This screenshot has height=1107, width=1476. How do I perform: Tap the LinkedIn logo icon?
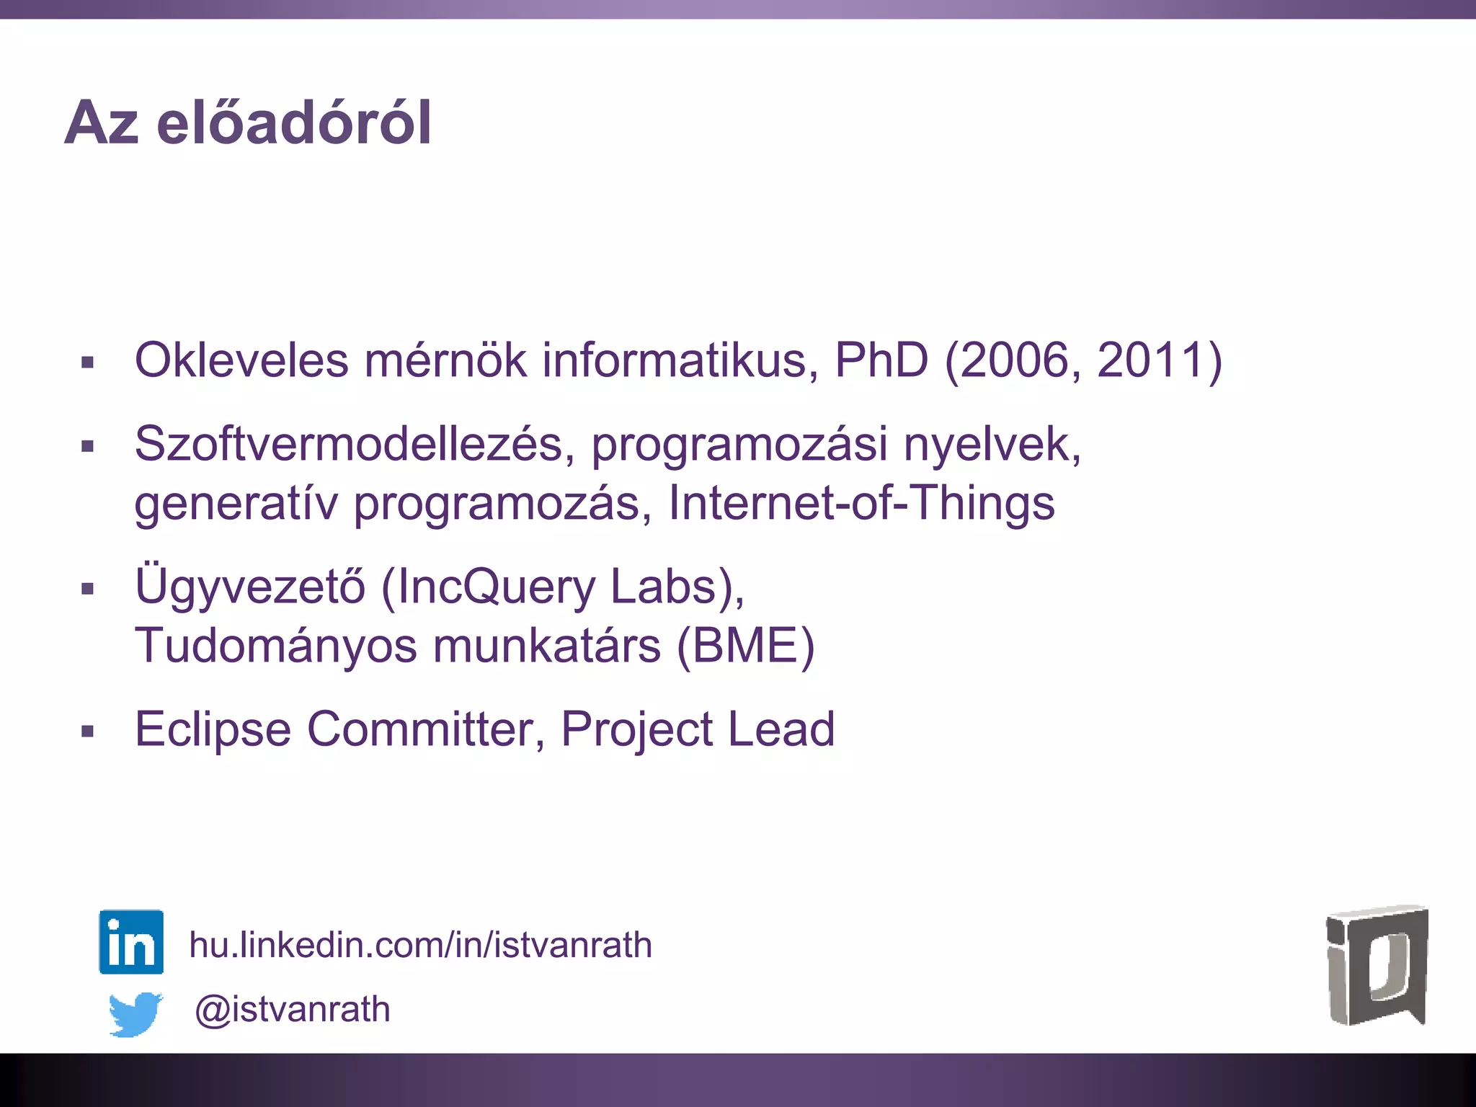[131, 942]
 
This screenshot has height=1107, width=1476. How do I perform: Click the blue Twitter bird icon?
[135, 1013]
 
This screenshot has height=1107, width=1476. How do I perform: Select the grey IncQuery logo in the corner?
[1377, 966]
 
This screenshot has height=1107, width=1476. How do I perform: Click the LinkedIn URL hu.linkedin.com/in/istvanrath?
[420, 945]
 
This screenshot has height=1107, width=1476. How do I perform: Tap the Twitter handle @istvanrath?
[292, 1009]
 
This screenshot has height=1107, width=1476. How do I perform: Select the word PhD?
[881, 360]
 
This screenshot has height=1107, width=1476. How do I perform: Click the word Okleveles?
[241, 360]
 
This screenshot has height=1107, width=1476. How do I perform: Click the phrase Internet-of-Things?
[861, 502]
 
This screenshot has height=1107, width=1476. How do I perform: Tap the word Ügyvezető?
[250, 587]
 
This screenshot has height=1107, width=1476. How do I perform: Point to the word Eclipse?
[213, 729]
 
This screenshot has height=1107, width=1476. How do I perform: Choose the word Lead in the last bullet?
[781, 729]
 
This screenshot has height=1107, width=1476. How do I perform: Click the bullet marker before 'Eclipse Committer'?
[88, 732]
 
